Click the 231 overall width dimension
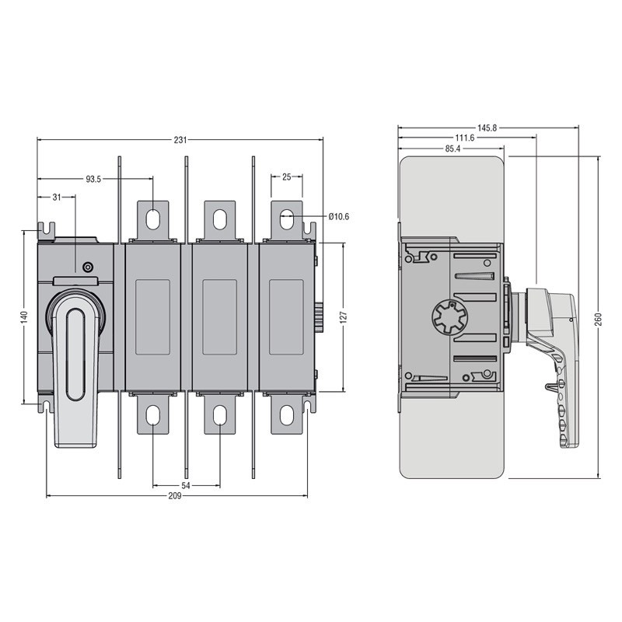tap(180, 141)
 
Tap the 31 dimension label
tap(57, 197)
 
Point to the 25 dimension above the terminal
tap(286, 177)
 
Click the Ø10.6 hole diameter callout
tap(338, 216)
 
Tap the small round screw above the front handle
tap(87, 267)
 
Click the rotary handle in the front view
tap(75, 358)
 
